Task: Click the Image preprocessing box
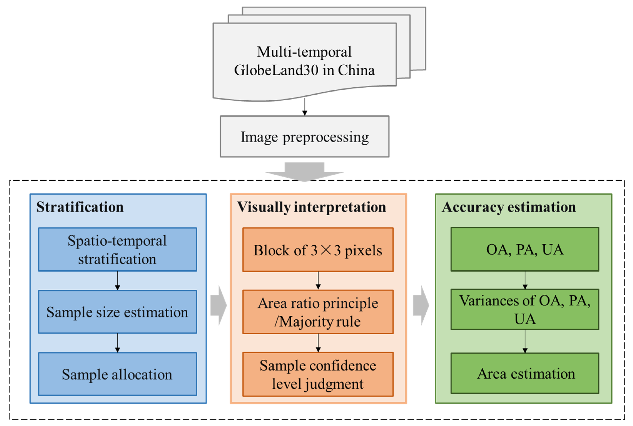pyautogui.click(x=304, y=137)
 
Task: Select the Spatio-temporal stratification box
pyautogui.click(x=117, y=249)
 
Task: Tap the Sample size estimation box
pyautogui.click(x=117, y=312)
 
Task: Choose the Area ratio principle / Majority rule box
pyautogui.click(x=318, y=312)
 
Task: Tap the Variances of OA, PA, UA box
pyautogui.click(x=524, y=309)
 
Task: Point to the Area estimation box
pyautogui.click(x=524, y=373)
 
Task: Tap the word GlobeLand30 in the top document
pyautogui.click(x=276, y=70)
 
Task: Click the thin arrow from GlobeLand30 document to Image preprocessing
pyautogui.click(x=305, y=107)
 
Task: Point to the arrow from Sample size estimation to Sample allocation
pyautogui.click(x=117, y=343)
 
